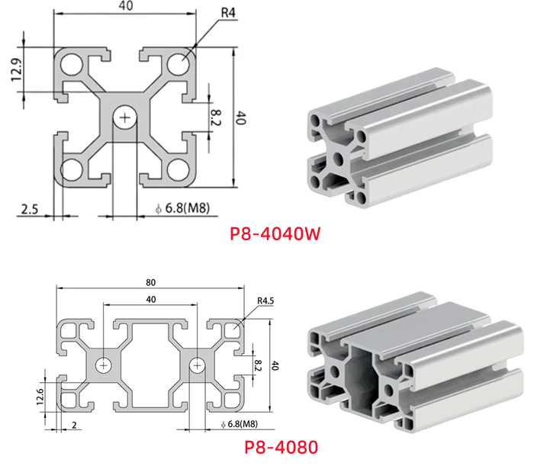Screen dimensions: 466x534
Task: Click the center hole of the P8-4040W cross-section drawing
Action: point(124,117)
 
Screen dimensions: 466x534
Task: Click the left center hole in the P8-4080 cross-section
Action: point(102,366)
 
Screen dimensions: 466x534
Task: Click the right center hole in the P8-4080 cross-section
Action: point(198,366)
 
